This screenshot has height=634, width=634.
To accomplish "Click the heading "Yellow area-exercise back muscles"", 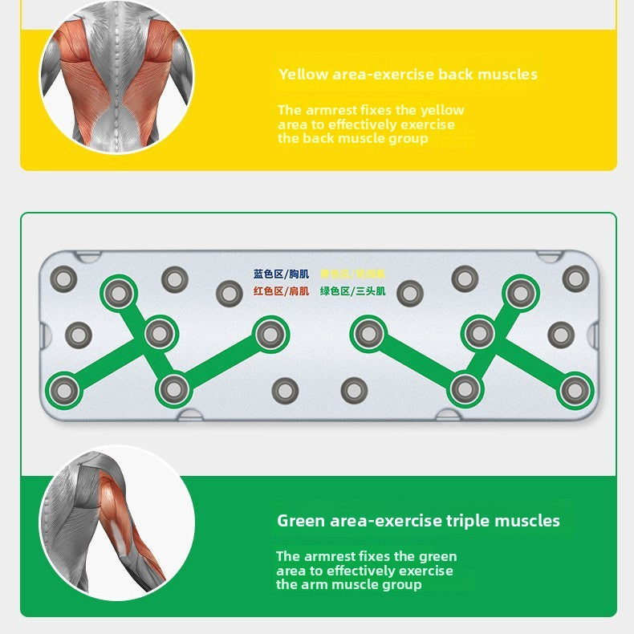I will [408, 75].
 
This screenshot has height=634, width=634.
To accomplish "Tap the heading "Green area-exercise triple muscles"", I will [418, 521].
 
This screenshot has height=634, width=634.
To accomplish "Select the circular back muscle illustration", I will [116, 76].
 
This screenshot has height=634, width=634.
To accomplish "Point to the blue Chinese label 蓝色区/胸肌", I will [281, 274].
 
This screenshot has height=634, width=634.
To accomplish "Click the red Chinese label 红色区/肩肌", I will [281, 291].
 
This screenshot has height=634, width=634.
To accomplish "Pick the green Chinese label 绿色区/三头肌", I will [352, 291].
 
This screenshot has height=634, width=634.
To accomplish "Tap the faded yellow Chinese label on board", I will [352, 274].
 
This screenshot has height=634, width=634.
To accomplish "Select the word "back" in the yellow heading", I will [455, 75].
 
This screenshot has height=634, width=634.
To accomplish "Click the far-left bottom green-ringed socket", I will [64, 390].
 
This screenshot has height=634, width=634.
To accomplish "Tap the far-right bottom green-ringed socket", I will [575, 390].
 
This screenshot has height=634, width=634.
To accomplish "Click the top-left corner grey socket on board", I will [63, 278].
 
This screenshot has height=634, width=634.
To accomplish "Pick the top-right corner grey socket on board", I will [575, 278].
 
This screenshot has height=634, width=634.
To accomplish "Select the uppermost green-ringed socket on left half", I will [118, 293].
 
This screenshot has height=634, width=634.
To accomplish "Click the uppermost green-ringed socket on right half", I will [520, 293].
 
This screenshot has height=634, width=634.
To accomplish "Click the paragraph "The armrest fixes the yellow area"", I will [371, 124].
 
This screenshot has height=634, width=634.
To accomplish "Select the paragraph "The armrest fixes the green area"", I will [366, 571].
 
